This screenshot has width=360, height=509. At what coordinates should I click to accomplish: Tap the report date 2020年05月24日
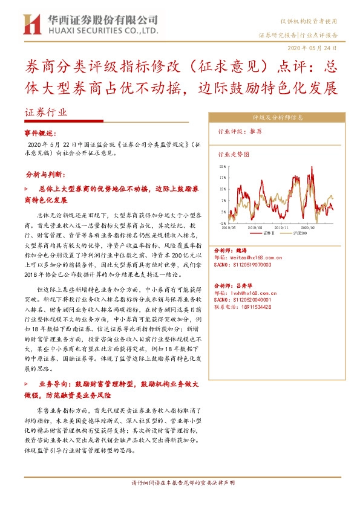[x=316, y=47]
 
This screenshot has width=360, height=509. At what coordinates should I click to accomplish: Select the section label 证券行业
[x=47, y=112]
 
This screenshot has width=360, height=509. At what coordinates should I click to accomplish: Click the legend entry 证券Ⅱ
[x=270, y=232]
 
